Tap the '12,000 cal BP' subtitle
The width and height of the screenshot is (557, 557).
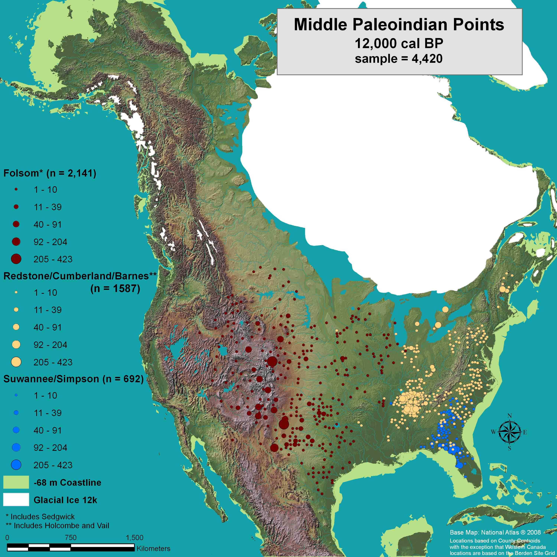point(399,43)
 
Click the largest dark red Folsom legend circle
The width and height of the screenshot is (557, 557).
point(16,259)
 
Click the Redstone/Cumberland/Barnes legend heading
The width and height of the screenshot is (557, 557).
point(80,276)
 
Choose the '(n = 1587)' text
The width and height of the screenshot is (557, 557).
point(115,288)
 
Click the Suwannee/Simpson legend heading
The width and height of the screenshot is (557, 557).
point(73,379)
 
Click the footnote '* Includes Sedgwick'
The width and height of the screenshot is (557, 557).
point(40,516)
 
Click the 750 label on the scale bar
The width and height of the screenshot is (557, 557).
point(71,538)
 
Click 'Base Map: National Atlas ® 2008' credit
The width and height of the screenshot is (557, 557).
point(495,532)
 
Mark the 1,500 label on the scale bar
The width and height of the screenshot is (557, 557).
point(134,538)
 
